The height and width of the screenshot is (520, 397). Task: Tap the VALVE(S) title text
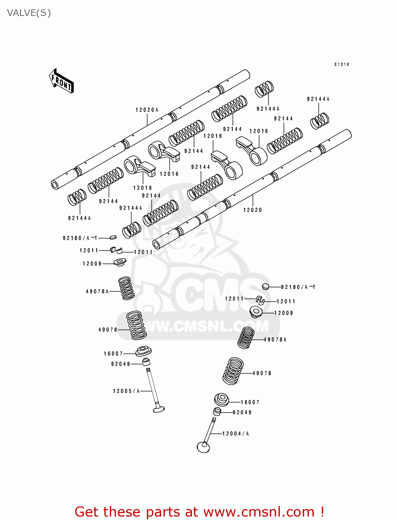29,13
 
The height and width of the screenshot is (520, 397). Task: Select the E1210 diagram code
342,64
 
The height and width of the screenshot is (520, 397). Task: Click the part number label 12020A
147,110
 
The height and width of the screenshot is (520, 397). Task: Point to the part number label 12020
253,210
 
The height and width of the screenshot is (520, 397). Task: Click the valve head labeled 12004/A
203,447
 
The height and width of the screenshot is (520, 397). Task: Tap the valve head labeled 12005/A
159,409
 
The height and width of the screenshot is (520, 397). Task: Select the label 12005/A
126,391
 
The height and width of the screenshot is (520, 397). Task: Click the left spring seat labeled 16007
143,351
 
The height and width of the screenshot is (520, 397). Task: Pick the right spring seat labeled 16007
221,400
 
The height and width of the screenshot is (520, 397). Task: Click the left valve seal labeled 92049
146,362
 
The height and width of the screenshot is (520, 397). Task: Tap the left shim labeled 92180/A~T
113,237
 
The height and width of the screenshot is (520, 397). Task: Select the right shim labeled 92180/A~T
266,286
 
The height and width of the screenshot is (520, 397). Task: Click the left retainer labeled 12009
120,262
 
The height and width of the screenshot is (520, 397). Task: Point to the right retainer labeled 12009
256,312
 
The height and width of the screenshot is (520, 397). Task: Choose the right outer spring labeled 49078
233,371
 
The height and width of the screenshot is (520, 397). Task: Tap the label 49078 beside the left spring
108,330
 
